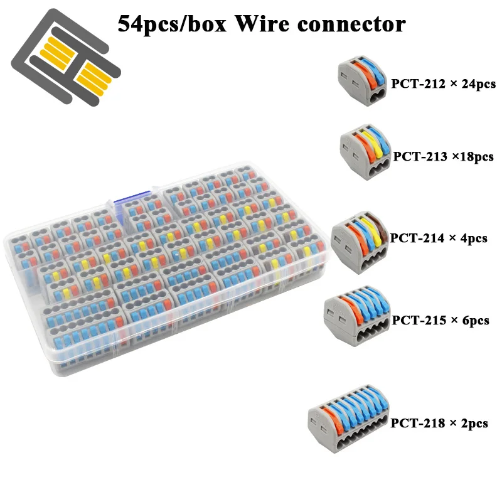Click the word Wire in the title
262,24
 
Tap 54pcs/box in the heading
172,25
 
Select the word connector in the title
351,25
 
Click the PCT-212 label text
418,84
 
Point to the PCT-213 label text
420,156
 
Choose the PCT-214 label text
417,238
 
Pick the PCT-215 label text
419,320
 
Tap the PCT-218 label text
417,423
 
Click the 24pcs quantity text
478,84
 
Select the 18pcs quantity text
476,157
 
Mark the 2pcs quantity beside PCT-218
474,424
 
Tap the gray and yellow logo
66,57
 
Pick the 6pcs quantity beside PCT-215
476,321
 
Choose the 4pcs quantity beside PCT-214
474,238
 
